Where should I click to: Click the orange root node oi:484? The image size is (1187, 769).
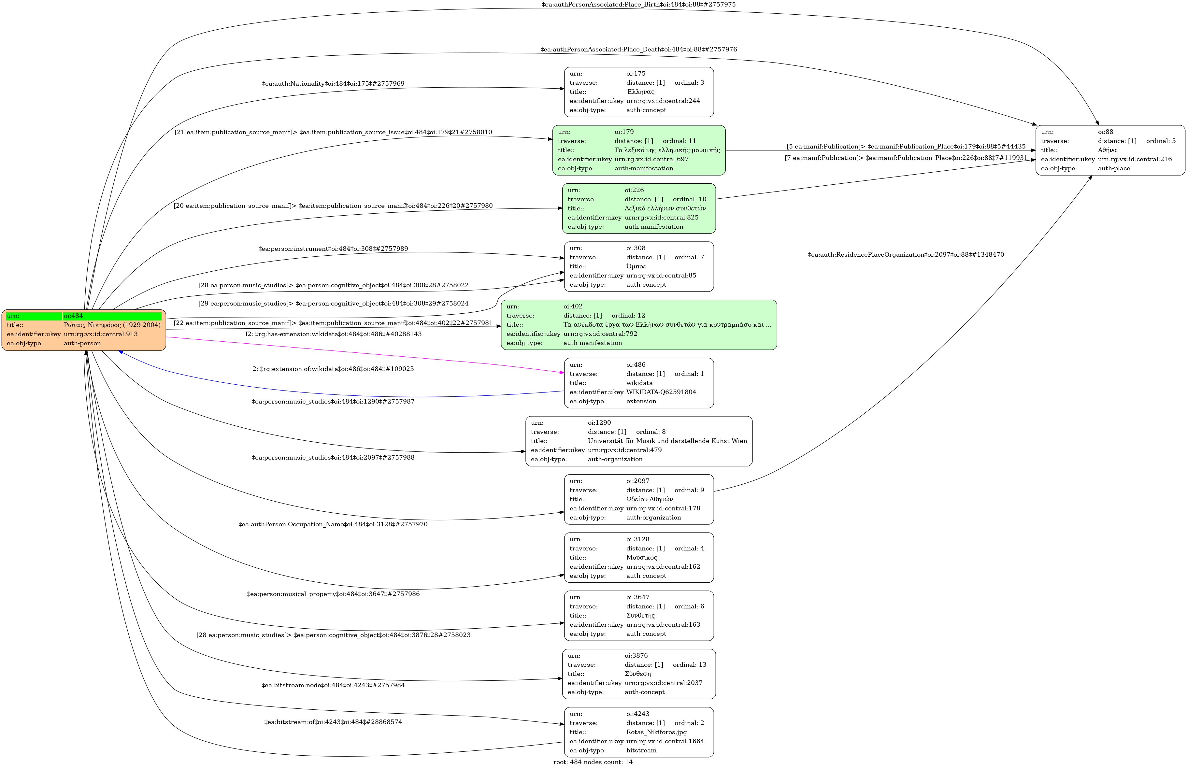coord(84,330)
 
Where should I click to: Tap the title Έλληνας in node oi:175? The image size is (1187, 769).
coord(640,92)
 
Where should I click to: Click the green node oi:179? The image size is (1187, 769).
coord(638,150)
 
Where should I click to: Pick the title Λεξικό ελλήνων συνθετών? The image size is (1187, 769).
coord(665,208)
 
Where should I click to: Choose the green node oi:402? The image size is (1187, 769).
coord(638,325)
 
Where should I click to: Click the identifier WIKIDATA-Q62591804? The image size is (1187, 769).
coord(661,392)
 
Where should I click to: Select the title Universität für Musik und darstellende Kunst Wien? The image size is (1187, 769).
coord(667,441)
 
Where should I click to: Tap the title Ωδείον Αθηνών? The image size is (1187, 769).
coord(649,499)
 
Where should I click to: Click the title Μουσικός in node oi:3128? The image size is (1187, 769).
coord(641,558)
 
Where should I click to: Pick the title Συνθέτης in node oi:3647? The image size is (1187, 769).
coord(640,615)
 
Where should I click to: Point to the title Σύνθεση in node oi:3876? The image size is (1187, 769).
coord(637,674)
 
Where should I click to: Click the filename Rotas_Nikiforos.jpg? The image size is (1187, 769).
coord(656,732)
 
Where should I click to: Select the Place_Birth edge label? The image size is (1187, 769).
coord(638,5)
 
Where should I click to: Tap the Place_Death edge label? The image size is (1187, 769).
coord(638,50)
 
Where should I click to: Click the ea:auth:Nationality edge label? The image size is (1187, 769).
coord(333,84)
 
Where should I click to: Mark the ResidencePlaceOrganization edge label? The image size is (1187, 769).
coord(906,255)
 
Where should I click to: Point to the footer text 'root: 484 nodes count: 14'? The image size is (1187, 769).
coord(593,762)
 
